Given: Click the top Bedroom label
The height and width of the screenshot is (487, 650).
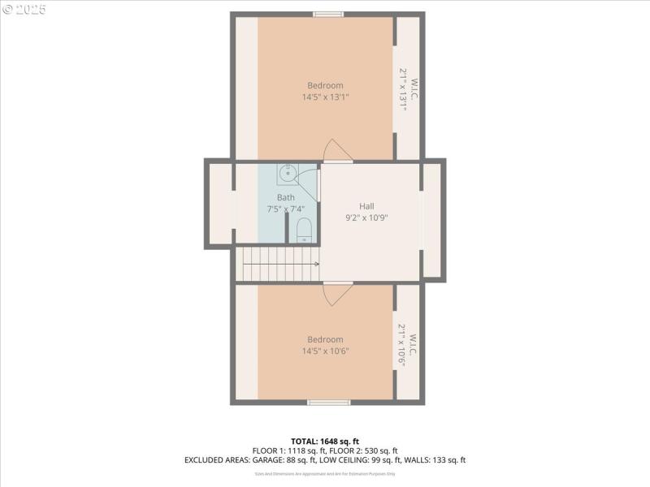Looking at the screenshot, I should click(x=325, y=85).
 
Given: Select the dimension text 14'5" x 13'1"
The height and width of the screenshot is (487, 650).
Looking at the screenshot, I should click(x=325, y=97).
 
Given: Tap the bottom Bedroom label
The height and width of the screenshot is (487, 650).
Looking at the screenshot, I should click(x=325, y=339).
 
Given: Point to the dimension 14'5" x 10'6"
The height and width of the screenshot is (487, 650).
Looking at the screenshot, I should click(x=325, y=351).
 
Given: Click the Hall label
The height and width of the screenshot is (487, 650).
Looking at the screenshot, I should click(x=367, y=206).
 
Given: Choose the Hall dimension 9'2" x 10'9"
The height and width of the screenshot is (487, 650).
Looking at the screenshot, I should click(x=367, y=218).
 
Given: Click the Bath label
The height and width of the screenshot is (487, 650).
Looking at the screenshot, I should click(x=286, y=197).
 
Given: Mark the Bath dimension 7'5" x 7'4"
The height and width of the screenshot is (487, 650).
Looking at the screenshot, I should click(x=286, y=209).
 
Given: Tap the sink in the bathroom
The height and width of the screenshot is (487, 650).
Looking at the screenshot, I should click(x=287, y=173).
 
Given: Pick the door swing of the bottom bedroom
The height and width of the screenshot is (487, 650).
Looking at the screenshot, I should click(x=336, y=294).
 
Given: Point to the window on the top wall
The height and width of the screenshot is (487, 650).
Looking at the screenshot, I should click(x=328, y=14).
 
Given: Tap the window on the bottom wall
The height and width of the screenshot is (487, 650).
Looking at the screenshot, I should click(x=328, y=402).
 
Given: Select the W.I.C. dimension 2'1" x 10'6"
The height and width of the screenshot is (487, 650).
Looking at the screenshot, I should click(x=401, y=346).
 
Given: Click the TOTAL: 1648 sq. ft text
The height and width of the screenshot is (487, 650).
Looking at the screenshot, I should click(x=325, y=442).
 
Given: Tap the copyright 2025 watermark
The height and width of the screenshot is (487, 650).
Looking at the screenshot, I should click(x=24, y=10).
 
